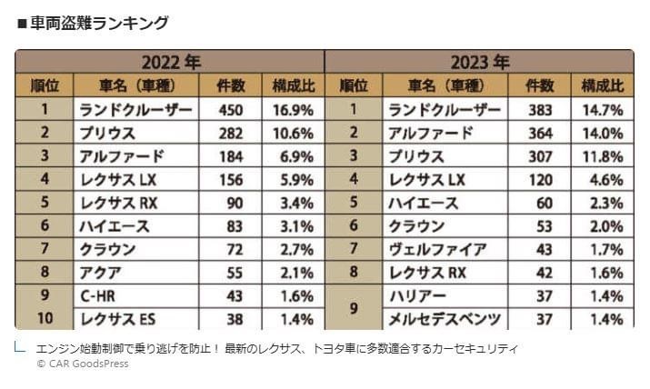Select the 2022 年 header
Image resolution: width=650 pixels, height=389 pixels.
pos(170,63)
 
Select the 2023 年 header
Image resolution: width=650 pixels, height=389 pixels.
pos(479,63)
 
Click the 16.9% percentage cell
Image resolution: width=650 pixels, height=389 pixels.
pos(294,110)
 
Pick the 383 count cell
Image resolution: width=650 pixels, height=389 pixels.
pos(540,110)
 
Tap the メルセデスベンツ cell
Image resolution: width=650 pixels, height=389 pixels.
pos(445,319)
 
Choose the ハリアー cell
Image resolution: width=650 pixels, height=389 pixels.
pos(417,296)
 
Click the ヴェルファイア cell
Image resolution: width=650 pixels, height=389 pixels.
pos(437,249)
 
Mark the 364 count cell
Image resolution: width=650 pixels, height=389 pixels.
pos(540,133)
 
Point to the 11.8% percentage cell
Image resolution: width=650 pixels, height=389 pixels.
pos(603,156)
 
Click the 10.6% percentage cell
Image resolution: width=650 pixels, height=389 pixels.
pos(294,133)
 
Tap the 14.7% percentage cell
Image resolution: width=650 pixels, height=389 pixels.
pos(603,110)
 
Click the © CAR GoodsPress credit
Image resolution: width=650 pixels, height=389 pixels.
pos(83,364)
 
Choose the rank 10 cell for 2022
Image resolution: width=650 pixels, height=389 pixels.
pos(44,319)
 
